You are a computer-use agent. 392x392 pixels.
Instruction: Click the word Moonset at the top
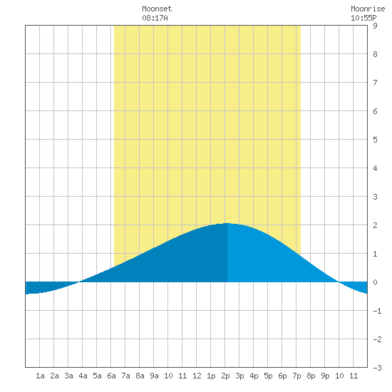pos(157,9)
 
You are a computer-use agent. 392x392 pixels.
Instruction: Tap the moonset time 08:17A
pos(155,18)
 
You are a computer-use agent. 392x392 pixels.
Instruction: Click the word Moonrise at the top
pos(368,9)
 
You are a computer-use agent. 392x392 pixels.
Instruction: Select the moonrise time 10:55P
pos(363,18)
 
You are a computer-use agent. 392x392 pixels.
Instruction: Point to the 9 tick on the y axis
pos(375,26)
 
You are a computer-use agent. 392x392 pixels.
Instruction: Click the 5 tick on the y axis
pos(375,140)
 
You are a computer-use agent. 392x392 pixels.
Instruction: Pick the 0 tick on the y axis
pos(375,282)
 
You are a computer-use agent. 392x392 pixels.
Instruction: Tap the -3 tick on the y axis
pos(377,368)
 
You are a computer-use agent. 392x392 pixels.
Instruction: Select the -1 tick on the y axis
pos(377,311)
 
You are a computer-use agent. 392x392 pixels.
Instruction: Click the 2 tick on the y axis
pos(375,225)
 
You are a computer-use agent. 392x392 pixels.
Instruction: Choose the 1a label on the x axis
pos(40,376)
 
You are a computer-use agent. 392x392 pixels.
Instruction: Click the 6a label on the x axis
pos(111,376)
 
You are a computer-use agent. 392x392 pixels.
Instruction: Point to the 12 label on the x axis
pos(197,376)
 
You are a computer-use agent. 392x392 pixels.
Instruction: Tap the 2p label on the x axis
pos(225,376)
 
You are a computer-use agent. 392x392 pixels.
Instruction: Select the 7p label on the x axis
pos(296,376)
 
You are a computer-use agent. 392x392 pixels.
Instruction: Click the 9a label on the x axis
pos(154,376)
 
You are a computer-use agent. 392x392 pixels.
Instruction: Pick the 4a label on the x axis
pos(83,376)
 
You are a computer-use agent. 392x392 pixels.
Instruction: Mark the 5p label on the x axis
pos(268,376)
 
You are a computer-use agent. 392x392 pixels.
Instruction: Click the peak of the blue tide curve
pos(227,223)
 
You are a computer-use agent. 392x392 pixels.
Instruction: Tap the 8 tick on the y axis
pos(375,54)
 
